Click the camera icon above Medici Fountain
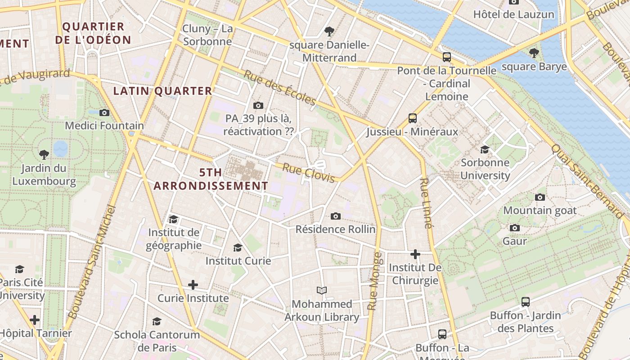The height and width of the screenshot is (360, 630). [104, 112]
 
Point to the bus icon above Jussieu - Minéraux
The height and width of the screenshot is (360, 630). [413, 118]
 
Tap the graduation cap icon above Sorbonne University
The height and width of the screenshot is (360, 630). [485, 149]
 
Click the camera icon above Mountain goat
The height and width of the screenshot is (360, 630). [540, 197]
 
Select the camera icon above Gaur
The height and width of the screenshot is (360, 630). [515, 228]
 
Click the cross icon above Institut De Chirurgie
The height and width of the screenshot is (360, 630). [415, 255]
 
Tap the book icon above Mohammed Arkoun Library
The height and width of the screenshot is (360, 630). [322, 291]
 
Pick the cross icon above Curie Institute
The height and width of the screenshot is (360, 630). [193, 285]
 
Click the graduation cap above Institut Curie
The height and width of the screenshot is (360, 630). [238, 247]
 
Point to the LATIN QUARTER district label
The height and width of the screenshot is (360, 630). [162, 91]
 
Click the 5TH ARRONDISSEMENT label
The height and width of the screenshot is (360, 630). [211, 179]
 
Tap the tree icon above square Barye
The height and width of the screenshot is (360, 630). [534, 53]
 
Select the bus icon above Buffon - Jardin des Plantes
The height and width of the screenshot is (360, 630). [526, 302]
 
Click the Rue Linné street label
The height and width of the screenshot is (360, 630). [426, 203]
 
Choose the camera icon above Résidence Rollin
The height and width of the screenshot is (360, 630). [335, 216]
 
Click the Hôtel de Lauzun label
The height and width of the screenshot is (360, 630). [513, 14]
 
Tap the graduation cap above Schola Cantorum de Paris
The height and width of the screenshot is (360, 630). [157, 321]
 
